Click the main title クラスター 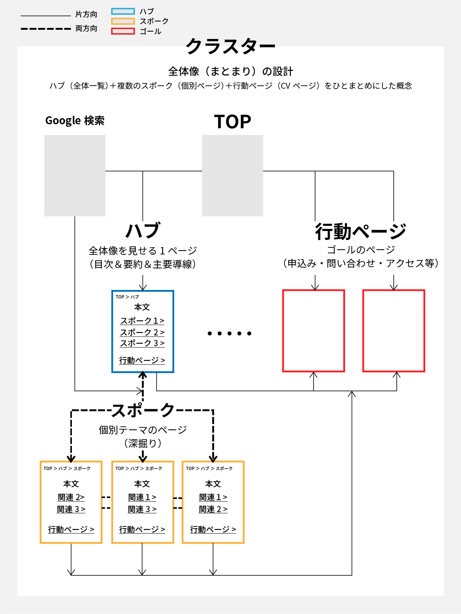coord(230,47)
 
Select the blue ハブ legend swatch coord(123,11)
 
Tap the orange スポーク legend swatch coord(123,21)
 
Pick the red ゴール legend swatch coord(123,31)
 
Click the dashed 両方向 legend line coord(46,29)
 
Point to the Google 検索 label coord(75,121)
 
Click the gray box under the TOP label coord(232,176)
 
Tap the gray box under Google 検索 coord(75,176)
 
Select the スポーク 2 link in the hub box coord(142,332)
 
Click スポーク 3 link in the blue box coord(142,343)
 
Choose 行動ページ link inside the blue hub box coord(142,360)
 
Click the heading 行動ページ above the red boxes coord(361,232)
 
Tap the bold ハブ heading coord(143,231)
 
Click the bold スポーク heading coord(143,410)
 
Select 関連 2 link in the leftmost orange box coord(71,497)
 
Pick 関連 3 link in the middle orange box coord(142,509)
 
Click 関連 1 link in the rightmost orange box coord(213,497)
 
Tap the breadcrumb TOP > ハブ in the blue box coord(127,297)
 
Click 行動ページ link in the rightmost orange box coord(213,529)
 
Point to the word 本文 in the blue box coord(142,307)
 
